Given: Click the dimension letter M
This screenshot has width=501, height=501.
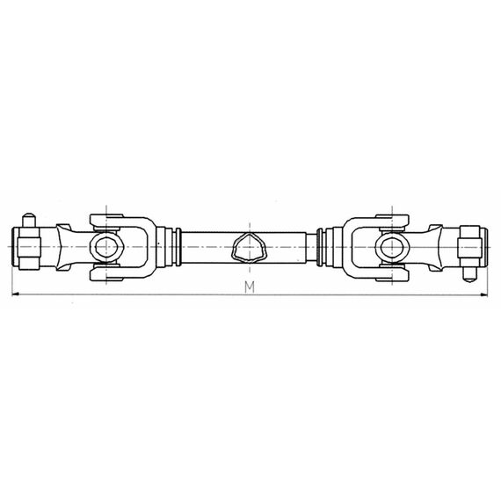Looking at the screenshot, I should coord(250,287).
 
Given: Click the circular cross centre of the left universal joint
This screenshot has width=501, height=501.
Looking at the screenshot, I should coord(106,246).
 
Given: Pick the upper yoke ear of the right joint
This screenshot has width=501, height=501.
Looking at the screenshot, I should coord(388,217).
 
